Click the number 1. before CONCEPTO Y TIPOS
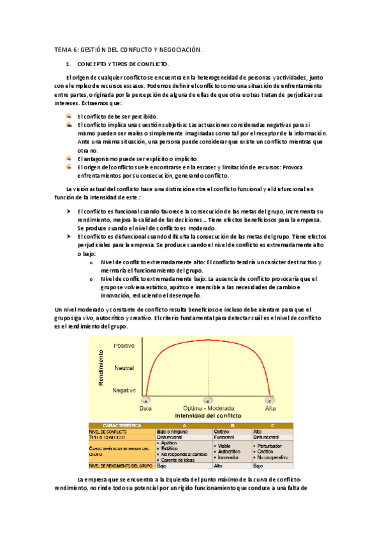(69, 65)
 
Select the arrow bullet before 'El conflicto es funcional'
(68, 211)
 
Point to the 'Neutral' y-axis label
(124, 368)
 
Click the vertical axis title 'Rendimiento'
(102, 367)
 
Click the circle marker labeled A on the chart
(145, 401)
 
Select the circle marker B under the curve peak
(207, 401)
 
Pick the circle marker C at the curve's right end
(270, 401)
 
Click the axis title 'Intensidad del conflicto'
(208, 415)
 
